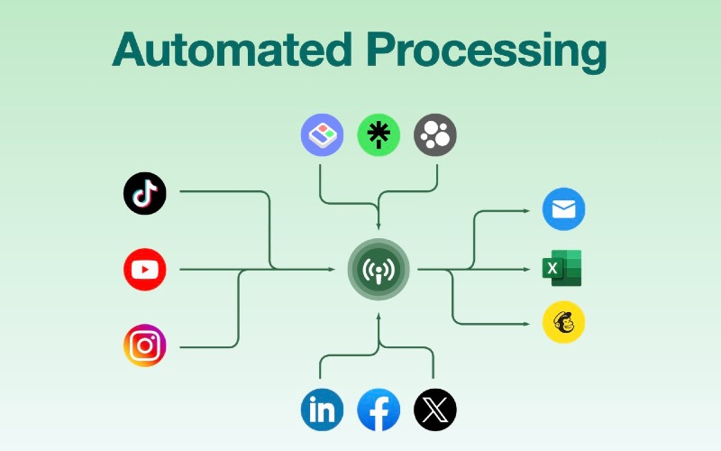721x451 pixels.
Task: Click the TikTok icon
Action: coord(145,193)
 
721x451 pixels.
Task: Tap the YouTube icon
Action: coord(145,269)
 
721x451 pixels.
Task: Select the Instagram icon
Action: coord(145,345)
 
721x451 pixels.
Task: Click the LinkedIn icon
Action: coord(322,410)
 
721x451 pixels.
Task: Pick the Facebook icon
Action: coord(379,410)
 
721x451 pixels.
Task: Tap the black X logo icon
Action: coord(435,410)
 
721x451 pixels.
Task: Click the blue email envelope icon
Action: coord(564,209)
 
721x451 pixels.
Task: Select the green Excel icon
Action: coord(561,268)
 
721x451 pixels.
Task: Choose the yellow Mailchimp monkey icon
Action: coord(564,322)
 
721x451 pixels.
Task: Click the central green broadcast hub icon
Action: coord(379,269)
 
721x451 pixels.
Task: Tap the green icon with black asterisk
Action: coord(379,134)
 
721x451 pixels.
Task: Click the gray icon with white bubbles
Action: coord(435,134)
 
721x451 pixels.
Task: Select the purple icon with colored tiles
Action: coord(322,134)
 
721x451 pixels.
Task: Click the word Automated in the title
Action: coord(233,50)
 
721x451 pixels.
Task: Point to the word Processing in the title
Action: coord(487,51)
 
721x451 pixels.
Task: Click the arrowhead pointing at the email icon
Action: coord(527,211)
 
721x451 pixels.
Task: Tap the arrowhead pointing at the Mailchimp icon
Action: coord(527,324)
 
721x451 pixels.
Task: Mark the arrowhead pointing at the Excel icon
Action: coord(527,269)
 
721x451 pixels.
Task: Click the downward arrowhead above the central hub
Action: coord(379,226)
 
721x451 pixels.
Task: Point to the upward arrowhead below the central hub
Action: coord(379,317)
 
